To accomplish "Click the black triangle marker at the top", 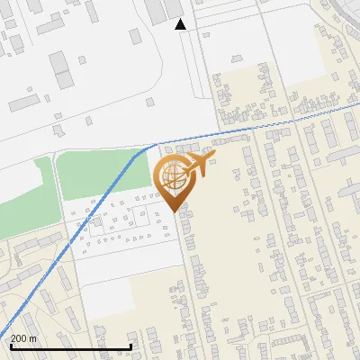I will point(180,24).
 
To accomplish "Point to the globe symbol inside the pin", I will point(170,176).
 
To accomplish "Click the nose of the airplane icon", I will point(212,157).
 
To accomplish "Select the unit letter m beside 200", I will point(32,338).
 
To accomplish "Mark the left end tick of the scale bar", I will point(10,346).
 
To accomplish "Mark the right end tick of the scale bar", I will point(131,346).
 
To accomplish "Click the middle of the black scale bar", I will point(70,347).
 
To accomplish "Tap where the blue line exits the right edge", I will point(358,105).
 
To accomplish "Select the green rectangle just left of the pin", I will point(99,175).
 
